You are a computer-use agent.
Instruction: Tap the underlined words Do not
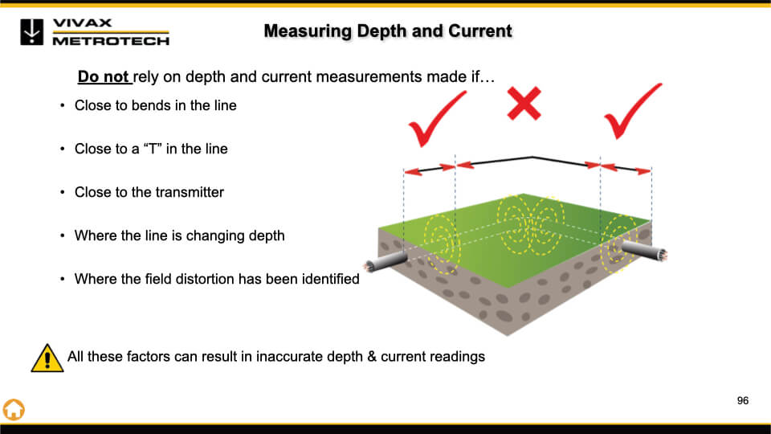tap(104, 77)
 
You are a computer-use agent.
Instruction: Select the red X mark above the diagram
tap(524, 104)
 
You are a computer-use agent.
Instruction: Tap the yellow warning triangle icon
tap(47, 357)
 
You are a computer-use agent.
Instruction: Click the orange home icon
tap(14, 408)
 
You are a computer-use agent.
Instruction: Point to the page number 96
tap(742, 400)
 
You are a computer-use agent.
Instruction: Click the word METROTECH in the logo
tap(111, 40)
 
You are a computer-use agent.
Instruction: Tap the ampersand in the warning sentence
tap(372, 355)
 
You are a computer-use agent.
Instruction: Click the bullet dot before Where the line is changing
tap(63, 236)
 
